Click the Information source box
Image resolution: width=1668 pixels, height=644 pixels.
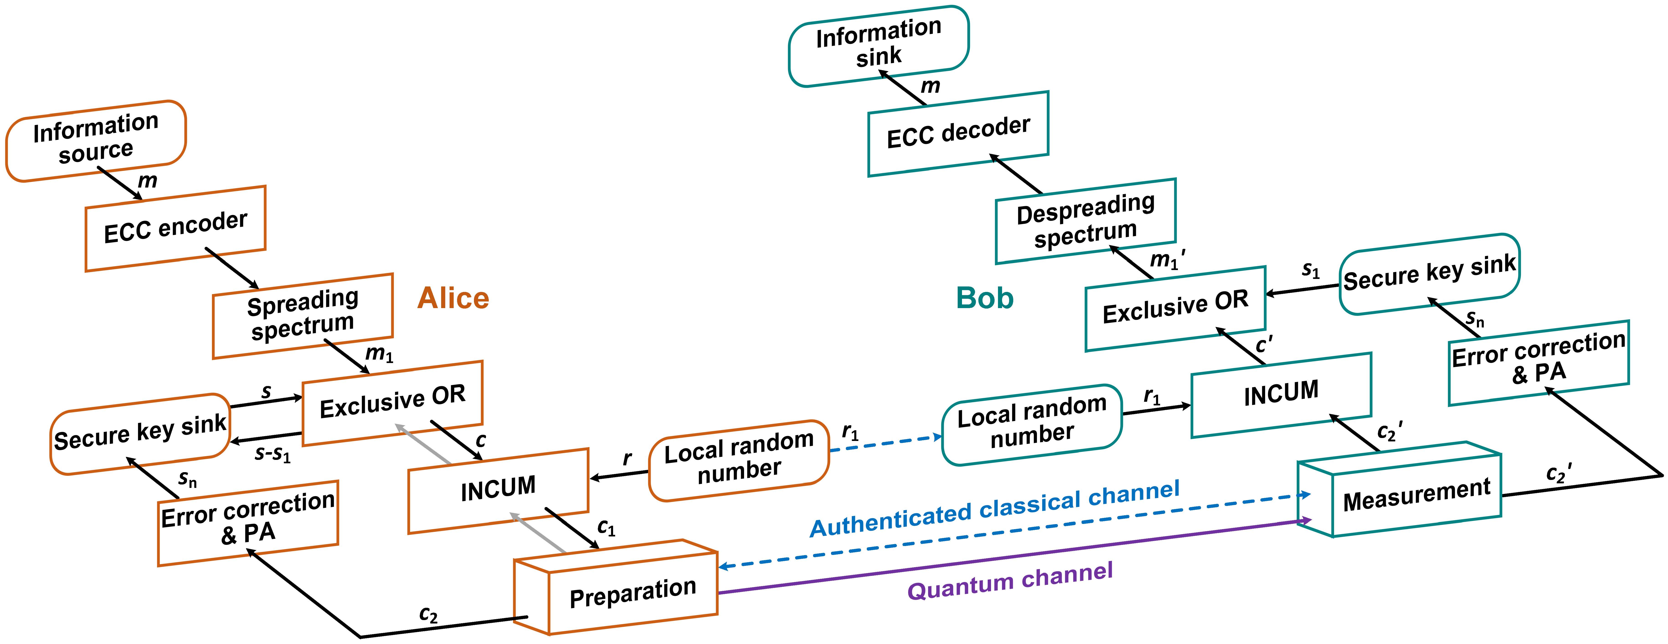(x=96, y=141)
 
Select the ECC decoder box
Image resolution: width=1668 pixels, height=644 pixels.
(x=958, y=134)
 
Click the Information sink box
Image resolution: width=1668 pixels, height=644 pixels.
(x=879, y=46)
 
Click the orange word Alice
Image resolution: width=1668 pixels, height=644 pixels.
(x=453, y=298)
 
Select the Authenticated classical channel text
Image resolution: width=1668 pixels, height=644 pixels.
(x=995, y=509)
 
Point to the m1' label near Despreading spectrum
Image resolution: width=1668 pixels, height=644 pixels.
(x=1167, y=259)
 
